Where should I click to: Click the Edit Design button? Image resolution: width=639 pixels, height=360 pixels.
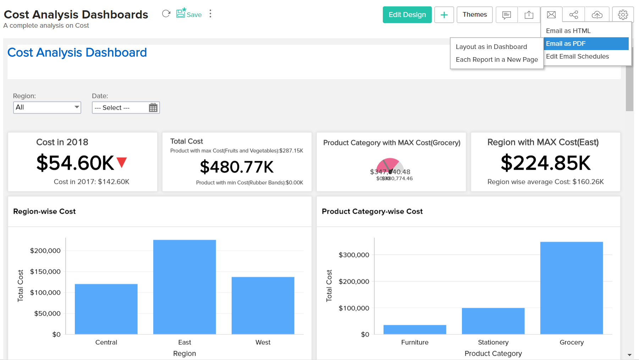point(407,15)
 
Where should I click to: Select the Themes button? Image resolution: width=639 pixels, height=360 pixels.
point(474,15)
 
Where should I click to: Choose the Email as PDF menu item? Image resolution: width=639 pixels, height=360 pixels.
point(586,44)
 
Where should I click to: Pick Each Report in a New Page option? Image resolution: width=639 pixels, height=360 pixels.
point(496,60)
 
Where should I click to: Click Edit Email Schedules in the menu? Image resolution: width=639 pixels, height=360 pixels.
point(577,56)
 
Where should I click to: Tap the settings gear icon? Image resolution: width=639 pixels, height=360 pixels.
point(623,15)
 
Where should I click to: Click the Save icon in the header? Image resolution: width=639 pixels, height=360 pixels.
point(189,14)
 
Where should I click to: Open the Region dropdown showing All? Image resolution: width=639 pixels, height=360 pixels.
point(47,107)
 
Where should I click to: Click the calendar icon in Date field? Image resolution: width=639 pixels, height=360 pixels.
point(153,108)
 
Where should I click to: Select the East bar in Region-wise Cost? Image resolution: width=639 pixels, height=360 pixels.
point(184,287)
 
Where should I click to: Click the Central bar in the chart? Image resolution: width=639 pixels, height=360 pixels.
point(106,309)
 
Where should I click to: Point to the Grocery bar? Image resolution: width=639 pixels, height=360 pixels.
point(571,288)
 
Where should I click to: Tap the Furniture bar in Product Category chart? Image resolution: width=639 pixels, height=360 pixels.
point(415,329)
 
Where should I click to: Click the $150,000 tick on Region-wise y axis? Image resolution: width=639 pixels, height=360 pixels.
point(45,272)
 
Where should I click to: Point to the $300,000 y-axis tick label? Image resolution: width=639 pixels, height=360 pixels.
point(354,255)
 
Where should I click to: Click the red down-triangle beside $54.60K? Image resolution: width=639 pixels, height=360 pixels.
point(122,162)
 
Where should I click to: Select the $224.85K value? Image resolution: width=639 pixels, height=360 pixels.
point(545,163)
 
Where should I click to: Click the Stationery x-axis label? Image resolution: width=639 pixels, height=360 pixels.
point(493,342)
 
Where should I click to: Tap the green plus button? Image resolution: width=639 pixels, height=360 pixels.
point(444,15)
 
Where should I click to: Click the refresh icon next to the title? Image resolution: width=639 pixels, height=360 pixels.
point(166,14)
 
